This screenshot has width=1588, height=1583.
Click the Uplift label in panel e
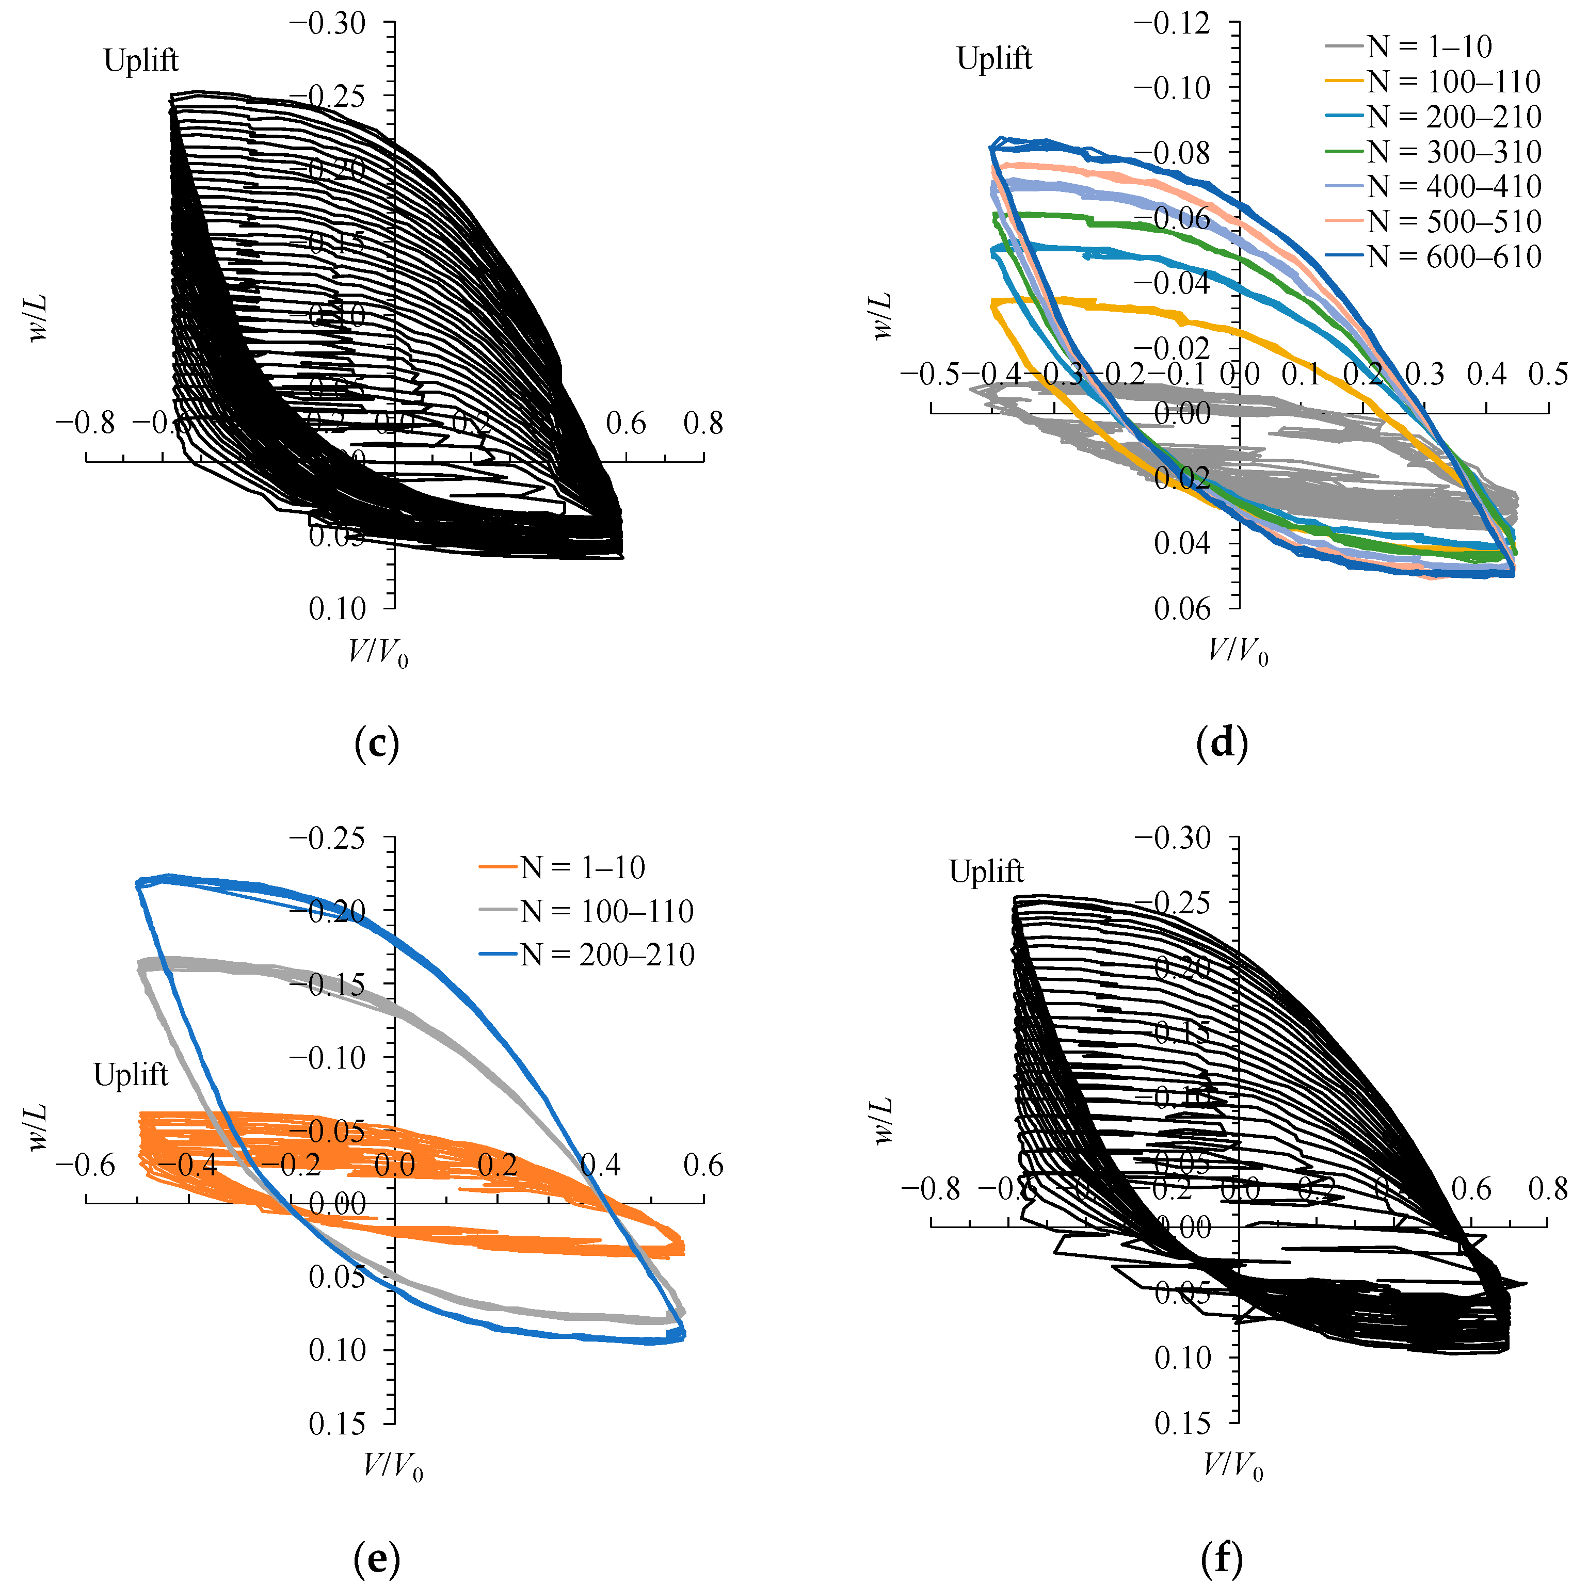coord(131,1074)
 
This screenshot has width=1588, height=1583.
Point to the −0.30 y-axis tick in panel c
coord(327,24)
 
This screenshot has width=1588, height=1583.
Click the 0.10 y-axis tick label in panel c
coord(337,609)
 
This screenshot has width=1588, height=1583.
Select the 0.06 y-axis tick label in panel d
coord(1182,609)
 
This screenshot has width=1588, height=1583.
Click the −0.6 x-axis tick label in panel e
coord(86,1166)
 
